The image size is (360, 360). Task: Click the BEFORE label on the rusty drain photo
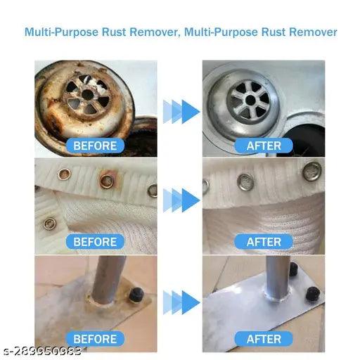[x=95, y=146]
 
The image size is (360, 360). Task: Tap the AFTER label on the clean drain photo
[x=264, y=146]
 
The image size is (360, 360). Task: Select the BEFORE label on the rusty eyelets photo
[x=95, y=242]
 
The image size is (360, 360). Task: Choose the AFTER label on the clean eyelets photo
[x=264, y=242]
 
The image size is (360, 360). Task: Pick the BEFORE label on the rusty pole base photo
[x=95, y=339]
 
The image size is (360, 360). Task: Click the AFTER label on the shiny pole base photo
[x=264, y=339]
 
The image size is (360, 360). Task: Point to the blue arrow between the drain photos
[x=181, y=112]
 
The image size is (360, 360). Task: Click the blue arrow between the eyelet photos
[x=181, y=200]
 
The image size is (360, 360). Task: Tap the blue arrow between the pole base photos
[x=181, y=302]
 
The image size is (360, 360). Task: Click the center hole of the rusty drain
[x=87, y=94]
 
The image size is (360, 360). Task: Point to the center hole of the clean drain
[x=250, y=100]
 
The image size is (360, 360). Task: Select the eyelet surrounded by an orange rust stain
[x=107, y=181]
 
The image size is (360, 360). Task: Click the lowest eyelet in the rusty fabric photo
[x=50, y=224]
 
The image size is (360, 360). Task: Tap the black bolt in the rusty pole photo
[x=136, y=295]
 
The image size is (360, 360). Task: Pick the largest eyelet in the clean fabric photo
[x=311, y=171]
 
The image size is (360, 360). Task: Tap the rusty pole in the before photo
[x=108, y=279]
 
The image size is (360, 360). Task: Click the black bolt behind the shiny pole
[x=293, y=269]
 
